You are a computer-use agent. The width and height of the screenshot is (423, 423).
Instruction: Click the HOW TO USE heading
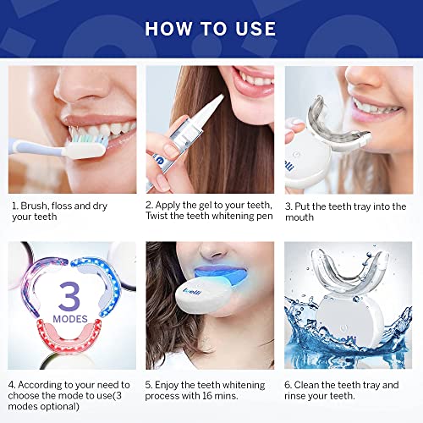(x=211, y=28)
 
